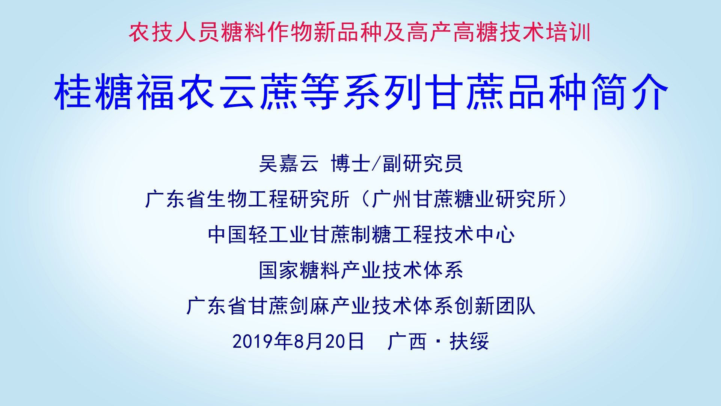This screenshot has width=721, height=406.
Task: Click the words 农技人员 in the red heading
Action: pos(175,32)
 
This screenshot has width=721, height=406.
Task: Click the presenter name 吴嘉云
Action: pos(289,164)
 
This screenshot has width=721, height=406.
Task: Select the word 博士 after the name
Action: pos(350,164)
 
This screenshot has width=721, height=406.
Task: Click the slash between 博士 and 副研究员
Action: pos(376,164)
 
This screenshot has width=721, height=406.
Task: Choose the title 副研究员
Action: pos(423,164)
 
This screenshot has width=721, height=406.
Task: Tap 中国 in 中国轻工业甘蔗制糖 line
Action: pos(228,235)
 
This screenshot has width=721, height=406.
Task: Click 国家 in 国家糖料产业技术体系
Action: pos(279,270)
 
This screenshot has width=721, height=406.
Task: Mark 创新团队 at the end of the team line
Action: pos(495,306)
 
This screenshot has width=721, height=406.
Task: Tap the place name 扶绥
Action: pos(469,341)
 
